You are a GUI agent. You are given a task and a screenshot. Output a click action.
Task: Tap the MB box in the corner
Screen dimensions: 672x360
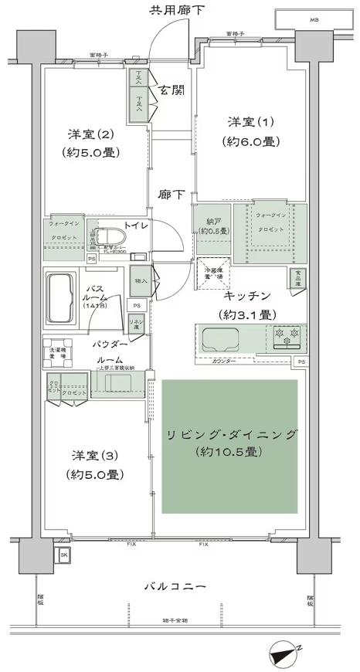tap(313, 19)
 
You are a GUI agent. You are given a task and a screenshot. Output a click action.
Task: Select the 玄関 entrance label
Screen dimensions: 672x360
tap(170, 89)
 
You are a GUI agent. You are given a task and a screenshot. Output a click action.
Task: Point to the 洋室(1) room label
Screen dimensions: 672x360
tap(249, 123)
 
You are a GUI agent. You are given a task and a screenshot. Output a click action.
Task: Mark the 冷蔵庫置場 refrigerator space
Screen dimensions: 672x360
tap(212, 271)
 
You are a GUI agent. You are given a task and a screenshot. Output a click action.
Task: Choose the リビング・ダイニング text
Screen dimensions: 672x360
tap(231, 435)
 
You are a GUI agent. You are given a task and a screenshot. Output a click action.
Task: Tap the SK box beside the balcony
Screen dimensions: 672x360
tap(64, 555)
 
